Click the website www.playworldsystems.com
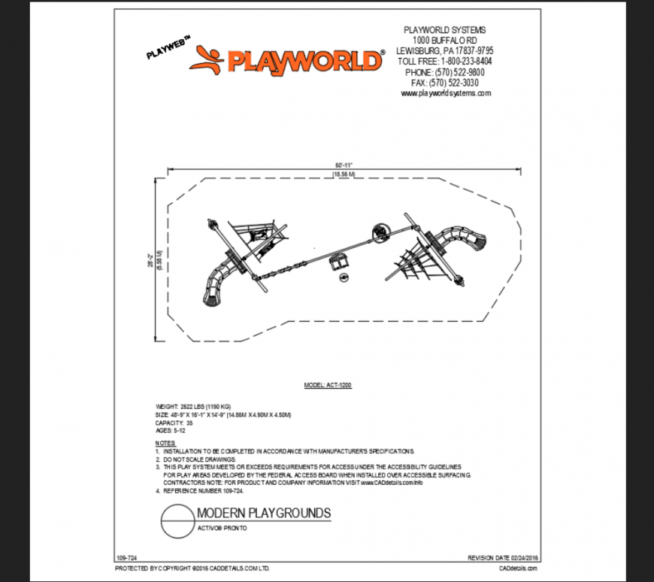[446, 93]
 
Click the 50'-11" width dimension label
[344, 164]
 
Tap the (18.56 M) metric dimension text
[343, 174]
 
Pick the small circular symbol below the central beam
[343, 278]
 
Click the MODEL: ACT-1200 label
[328, 384]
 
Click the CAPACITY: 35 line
[174, 423]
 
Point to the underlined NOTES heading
[165, 444]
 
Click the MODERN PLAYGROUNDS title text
[263, 514]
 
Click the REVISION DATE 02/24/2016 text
[503, 558]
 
